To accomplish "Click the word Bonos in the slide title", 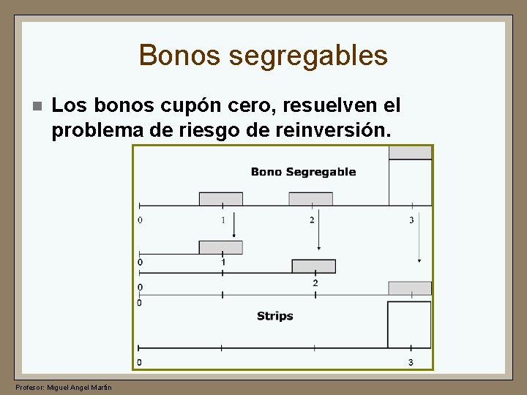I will (168, 56).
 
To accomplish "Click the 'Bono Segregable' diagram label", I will (303, 172).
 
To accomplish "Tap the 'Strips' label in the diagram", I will (274, 316).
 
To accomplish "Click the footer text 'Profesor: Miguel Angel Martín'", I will (64, 386).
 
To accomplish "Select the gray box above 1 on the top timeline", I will (221, 199).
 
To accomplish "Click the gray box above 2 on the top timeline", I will (310, 199).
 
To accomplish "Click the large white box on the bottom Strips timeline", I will (409, 324).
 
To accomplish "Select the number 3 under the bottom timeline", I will (411, 362).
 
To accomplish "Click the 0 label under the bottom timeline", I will (140, 362).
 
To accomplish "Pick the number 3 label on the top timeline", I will (411, 220).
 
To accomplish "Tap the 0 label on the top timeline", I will (140, 220).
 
